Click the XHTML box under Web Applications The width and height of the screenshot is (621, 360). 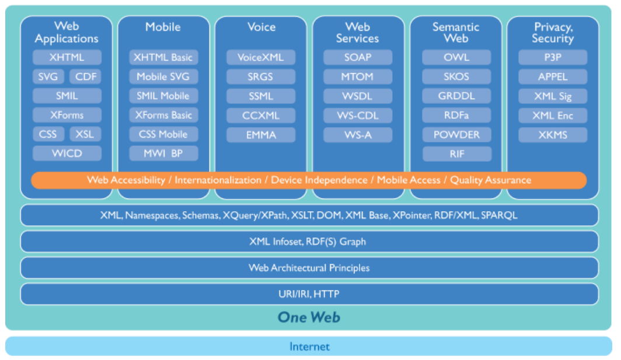click(x=67, y=57)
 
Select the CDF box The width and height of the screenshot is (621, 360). click(x=85, y=76)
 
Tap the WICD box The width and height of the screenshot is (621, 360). click(x=67, y=153)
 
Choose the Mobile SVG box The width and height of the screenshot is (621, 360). click(x=163, y=76)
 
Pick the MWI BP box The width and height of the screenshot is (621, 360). click(x=163, y=153)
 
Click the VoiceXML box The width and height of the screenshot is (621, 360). click(x=261, y=57)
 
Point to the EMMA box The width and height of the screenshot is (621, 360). click(x=261, y=134)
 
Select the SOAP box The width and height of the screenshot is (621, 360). click(x=358, y=57)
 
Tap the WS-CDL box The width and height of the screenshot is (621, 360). click(x=358, y=115)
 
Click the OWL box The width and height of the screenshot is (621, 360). click(x=456, y=57)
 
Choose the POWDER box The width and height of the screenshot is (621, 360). click(x=456, y=134)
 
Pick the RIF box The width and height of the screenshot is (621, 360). click(x=456, y=153)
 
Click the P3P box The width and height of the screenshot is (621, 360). click(x=552, y=57)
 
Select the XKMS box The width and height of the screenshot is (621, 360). click(x=552, y=134)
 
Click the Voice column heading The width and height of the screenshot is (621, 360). click(x=260, y=27)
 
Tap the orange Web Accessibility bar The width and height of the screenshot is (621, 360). click(x=309, y=180)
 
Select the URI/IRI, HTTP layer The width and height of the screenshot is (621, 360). click(x=309, y=294)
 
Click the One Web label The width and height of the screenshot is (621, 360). click(x=309, y=317)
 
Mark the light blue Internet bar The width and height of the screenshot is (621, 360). click(x=309, y=347)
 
